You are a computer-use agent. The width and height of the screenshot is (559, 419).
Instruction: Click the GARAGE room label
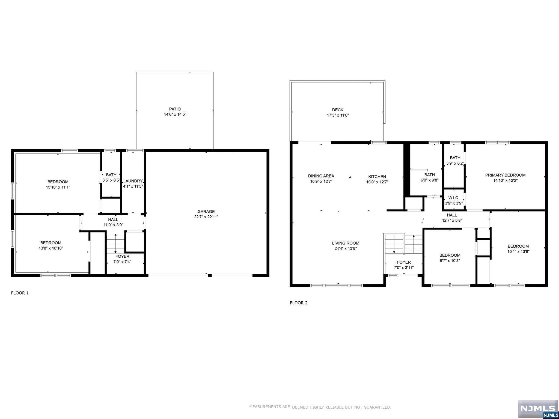tap(206, 212)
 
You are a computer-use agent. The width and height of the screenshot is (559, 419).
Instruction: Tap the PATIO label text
tap(175, 109)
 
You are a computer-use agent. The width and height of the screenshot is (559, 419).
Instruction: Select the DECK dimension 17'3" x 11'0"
tap(338, 115)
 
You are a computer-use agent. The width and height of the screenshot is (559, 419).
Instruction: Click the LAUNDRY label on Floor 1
tap(133, 181)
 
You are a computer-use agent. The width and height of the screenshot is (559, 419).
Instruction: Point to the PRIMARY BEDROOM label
tap(505, 175)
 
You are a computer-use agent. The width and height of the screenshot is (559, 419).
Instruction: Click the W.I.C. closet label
tap(454, 198)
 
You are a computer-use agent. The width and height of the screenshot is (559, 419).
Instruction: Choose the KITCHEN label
tap(377, 177)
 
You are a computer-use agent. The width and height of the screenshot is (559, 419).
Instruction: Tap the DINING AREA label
tap(321, 176)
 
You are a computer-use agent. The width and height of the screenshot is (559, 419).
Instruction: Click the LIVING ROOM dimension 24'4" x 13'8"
tap(346, 248)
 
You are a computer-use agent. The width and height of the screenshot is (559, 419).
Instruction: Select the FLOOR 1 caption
tap(20, 293)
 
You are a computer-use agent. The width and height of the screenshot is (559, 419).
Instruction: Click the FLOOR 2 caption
tap(299, 303)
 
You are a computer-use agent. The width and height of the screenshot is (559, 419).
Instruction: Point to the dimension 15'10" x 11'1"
tap(58, 187)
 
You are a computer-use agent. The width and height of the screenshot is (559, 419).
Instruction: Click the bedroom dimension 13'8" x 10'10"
tap(51, 248)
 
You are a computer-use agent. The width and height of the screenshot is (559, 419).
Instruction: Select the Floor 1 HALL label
tap(113, 219)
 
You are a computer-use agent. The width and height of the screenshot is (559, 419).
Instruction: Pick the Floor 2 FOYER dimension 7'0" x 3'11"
tap(404, 268)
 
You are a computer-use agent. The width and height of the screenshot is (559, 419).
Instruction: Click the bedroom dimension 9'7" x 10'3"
tap(450, 261)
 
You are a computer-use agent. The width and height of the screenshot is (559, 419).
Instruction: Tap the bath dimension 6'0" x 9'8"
tap(429, 180)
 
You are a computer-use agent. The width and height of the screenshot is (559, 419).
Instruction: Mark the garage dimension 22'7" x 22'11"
tap(206, 217)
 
